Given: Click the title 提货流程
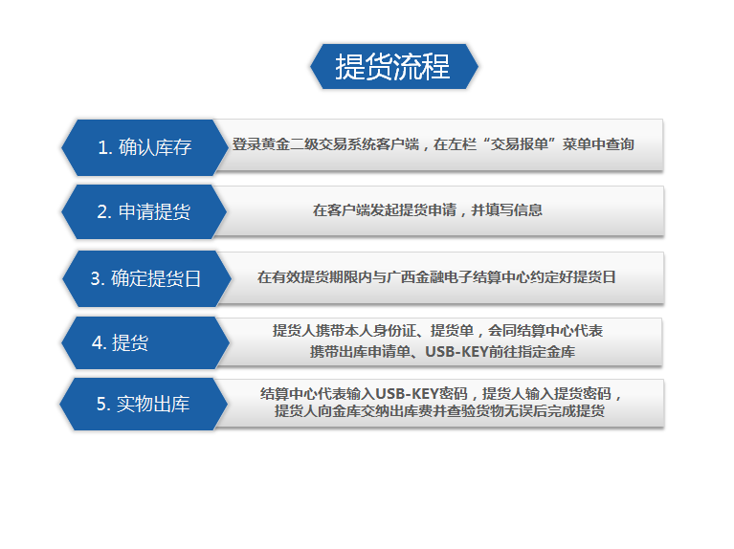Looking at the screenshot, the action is [392, 66].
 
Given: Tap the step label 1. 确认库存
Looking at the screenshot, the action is [145, 147].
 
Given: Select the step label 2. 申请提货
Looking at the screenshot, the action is [144, 211].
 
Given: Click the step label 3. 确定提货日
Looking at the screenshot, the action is [145, 278].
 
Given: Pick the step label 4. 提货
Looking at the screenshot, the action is [120, 342].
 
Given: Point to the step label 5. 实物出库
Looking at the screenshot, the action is [143, 404].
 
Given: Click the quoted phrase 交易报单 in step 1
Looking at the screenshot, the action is [519, 144].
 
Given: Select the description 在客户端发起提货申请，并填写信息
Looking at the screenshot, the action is [428, 210].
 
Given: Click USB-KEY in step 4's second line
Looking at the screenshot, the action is [456, 351].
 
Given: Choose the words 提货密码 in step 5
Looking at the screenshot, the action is [583, 394].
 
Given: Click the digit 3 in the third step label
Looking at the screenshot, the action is [95, 279].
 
